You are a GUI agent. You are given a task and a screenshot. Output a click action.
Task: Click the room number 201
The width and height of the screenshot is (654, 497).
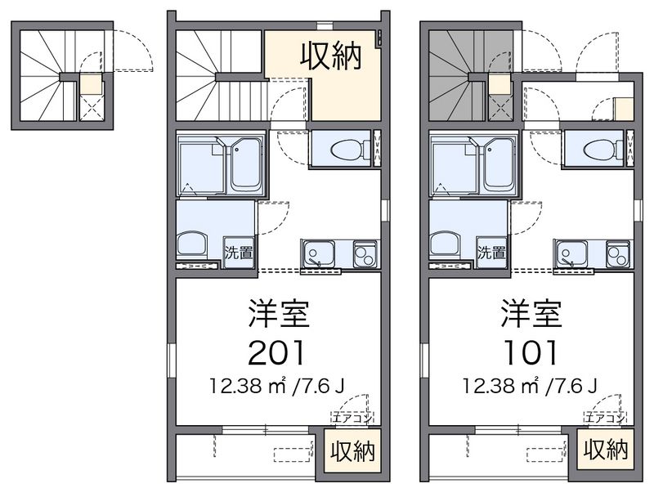[279, 351]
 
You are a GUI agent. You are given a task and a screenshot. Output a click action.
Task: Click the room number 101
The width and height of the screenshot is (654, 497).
[531, 351]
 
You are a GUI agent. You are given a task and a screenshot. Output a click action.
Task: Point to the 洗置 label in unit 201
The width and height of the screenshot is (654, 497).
[239, 253]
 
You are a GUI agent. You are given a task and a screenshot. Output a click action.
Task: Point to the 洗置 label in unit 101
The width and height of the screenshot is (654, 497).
[491, 253]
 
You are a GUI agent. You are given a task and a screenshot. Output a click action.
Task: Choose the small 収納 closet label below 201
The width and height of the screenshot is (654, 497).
[353, 450]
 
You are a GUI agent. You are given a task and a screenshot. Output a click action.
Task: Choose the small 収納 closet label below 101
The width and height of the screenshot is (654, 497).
[606, 450]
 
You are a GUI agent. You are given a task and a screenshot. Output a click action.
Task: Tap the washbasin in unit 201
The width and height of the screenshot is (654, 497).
[192, 243]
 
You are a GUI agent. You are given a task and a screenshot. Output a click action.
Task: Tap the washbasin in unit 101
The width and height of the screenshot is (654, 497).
[445, 243]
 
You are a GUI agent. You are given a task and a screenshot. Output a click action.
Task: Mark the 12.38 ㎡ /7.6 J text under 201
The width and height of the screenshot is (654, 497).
[279, 383]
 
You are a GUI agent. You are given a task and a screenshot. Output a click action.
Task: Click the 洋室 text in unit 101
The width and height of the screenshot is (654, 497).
[531, 313]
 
